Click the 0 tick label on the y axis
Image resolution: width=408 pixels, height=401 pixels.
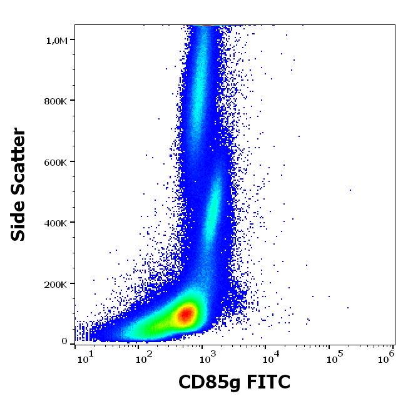64,341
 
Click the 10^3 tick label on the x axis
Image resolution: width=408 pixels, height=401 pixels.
207,356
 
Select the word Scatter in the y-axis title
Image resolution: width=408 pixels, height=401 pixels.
19,161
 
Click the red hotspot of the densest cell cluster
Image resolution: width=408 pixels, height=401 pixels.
186,314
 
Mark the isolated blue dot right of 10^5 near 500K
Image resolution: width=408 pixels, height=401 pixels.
350,190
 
